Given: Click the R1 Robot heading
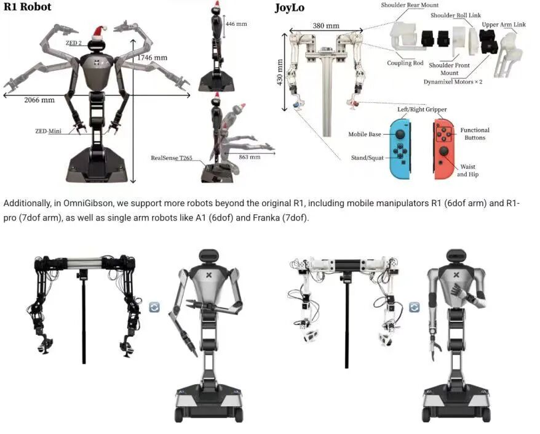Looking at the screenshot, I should click(x=28, y=7).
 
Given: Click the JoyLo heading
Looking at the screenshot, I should click(x=288, y=8).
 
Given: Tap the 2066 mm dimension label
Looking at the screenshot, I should click(x=39, y=100).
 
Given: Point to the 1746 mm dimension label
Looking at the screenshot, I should click(x=152, y=57).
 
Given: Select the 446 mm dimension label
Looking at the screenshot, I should click(x=236, y=23).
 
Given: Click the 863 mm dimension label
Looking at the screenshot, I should click(x=248, y=157).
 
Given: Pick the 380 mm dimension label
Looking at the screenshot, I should click(x=325, y=26).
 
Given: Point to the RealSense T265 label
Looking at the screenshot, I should click(x=172, y=158).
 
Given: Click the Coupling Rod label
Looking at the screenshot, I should click(x=405, y=63).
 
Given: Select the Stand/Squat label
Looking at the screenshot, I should click(x=367, y=158).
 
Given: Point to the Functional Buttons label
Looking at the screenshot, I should click(x=475, y=134).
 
